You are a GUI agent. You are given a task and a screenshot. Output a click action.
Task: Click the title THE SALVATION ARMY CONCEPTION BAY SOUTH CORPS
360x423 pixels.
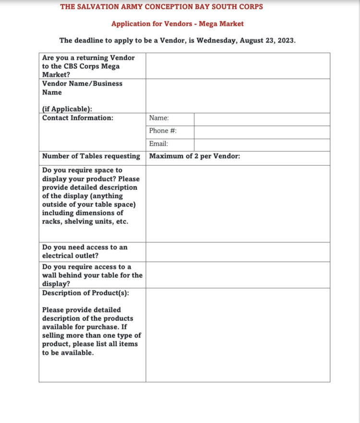[161, 7]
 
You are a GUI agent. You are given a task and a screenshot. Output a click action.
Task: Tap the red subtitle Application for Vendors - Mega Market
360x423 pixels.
[178, 24]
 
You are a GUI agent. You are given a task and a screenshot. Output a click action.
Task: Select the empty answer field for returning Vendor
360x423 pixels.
[238, 66]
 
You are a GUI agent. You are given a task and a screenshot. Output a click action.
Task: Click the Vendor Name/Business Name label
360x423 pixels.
[82, 88]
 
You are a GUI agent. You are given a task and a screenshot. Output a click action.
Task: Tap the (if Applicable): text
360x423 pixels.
[67, 109]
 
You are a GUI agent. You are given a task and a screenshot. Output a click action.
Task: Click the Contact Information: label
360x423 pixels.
[78, 118]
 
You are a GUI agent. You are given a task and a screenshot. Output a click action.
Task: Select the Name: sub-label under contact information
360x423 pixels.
[159, 118]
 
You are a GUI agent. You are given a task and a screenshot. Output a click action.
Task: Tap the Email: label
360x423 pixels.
[158, 144]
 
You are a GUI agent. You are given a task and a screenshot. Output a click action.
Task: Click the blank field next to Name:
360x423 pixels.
[262, 119]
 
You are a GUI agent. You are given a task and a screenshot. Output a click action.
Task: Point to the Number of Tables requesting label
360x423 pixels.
[91, 156]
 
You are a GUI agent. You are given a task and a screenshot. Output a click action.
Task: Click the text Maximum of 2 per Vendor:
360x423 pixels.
[194, 156]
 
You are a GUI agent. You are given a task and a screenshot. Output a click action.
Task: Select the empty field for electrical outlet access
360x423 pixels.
[238, 252]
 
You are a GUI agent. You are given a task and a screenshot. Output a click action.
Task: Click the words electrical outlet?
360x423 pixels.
[70, 256]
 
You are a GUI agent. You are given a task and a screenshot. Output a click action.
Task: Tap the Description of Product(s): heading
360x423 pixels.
[85, 293]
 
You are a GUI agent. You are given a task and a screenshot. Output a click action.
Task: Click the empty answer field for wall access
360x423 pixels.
[238, 275]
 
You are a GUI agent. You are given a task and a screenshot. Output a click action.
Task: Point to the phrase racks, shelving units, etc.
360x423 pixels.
[85, 221]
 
